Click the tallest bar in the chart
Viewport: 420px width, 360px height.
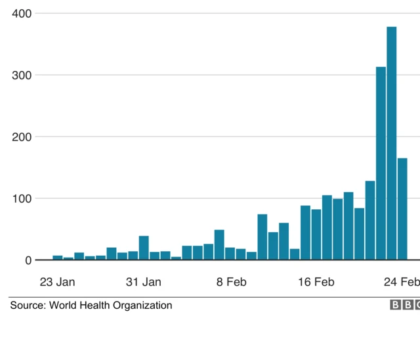tap(392, 143)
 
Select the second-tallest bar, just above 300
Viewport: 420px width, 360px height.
tap(381, 163)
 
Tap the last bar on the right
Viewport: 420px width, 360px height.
tap(402, 209)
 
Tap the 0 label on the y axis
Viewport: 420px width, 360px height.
tap(28, 260)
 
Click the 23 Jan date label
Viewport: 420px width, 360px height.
tap(57, 282)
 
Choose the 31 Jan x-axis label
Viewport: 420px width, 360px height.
tap(143, 282)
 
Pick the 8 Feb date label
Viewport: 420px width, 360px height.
tap(231, 282)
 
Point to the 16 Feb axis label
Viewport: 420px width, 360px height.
tap(316, 282)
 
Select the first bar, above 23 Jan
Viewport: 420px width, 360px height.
tap(58, 258)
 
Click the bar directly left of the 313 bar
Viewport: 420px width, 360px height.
tap(370, 220)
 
